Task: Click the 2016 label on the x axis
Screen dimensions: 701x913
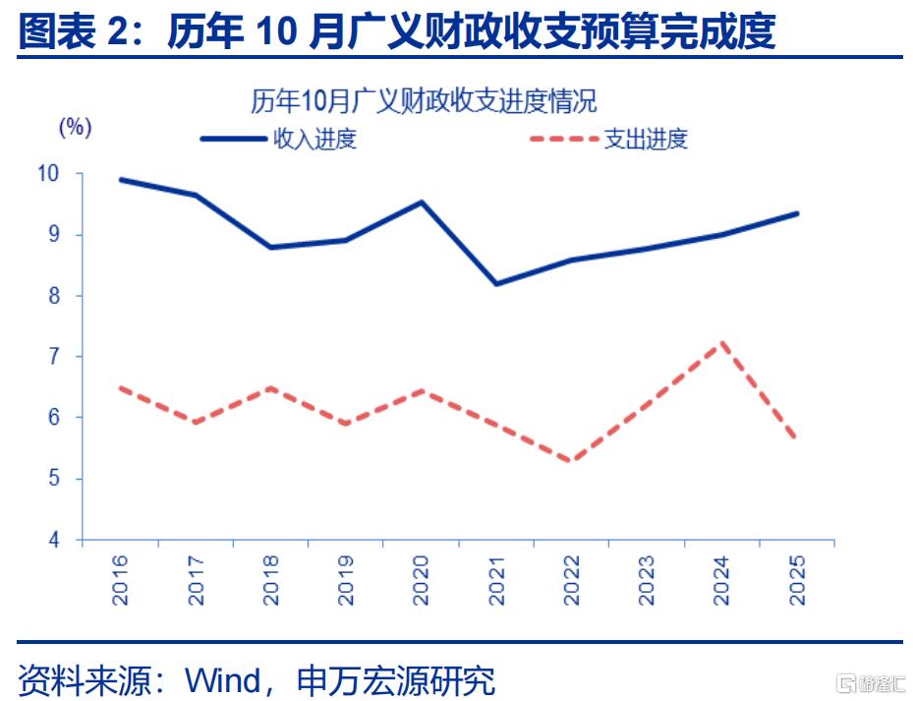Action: pyautogui.click(x=120, y=579)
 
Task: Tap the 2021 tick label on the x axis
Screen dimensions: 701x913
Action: pyautogui.click(x=496, y=579)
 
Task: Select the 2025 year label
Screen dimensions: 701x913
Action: pyautogui.click(x=797, y=579)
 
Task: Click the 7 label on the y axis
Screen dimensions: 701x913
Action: pyautogui.click(x=53, y=357)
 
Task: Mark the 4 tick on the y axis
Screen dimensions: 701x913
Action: pyautogui.click(x=53, y=541)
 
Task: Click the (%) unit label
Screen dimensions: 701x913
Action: pyautogui.click(x=75, y=127)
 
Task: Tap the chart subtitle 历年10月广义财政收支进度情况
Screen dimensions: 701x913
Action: pyautogui.click(x=423, y=101)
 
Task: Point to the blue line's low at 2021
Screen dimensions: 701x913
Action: pyautogui.click(x=496, y=284)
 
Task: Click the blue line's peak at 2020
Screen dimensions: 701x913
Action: pyautogui.click(x=422, y=203)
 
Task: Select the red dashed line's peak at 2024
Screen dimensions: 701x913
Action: pyautogui.click(x=722, y=343)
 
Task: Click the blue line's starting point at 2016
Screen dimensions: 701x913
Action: pyautogui.click(x=120, y=180)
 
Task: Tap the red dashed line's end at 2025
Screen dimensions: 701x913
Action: pyautogui.click(x=796, y=438)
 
